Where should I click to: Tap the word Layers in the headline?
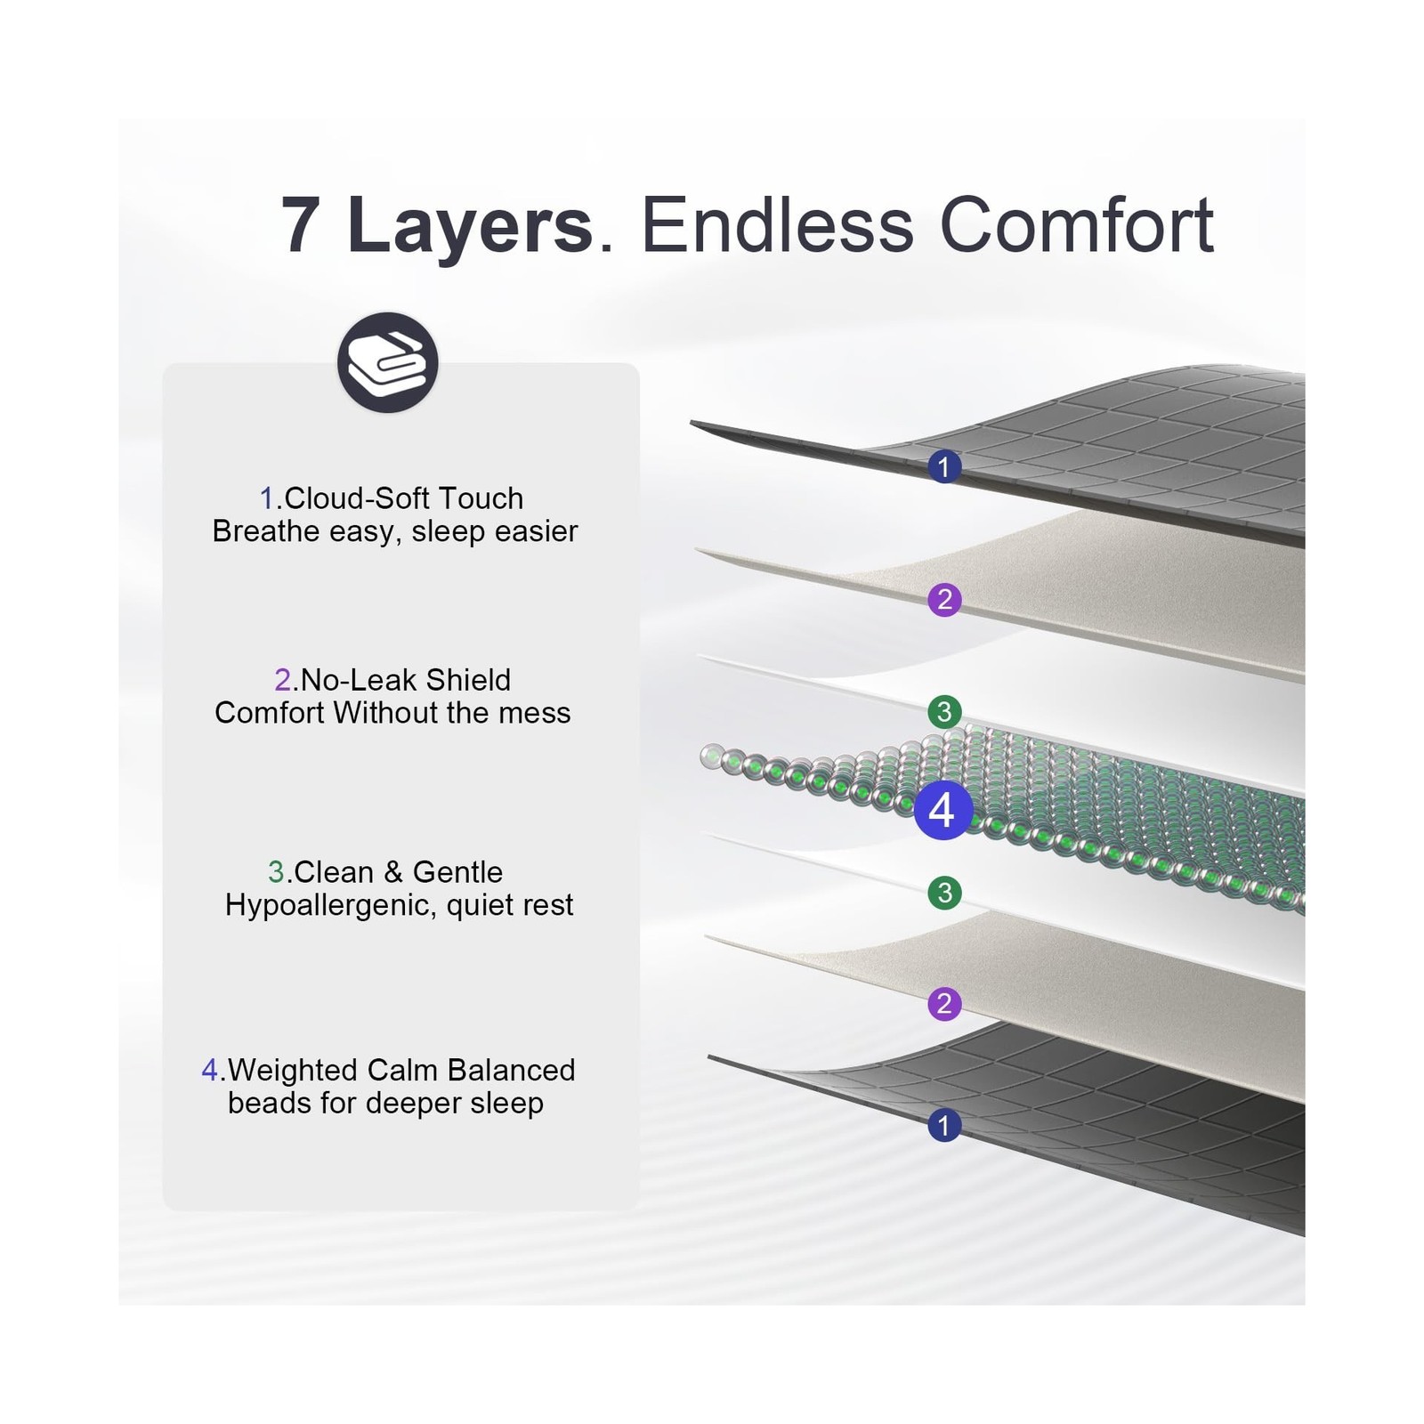pos(470,229)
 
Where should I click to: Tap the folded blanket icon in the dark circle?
pos(388,362)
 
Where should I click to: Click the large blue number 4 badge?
pos(942,810)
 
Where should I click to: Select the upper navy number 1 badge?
pos(944,466)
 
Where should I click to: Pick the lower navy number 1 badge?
pos(944,1125)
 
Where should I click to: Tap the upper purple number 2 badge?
pos(944,599)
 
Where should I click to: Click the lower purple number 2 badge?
pos(944,1004)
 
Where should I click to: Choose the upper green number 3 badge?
pos(944,712)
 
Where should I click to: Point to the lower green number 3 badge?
pos(944,892)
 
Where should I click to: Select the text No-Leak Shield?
pos(406,680)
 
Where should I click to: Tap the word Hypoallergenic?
pos(331,905)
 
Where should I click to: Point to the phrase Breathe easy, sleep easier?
pos(395,531)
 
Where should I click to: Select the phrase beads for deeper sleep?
pos(385,1103)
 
